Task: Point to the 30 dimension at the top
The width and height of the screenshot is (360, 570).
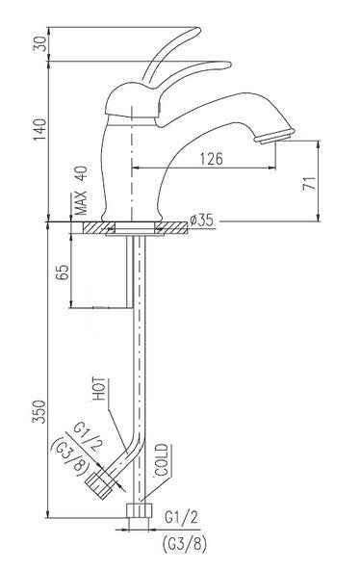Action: coord(39,45)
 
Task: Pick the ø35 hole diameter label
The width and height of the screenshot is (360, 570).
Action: coord(201,221)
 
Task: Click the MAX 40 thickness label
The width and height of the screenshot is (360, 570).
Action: coord(81,191)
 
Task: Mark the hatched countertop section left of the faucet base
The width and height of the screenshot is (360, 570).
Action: coord(96,229)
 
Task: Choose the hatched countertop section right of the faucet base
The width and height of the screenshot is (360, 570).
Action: coord(170,229)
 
